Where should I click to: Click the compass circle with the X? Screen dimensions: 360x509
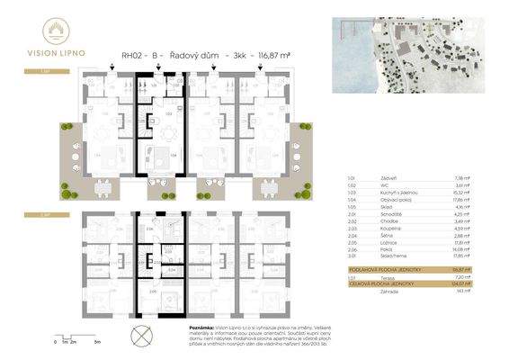point(142,336)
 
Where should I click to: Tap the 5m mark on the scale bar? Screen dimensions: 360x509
point(95,343)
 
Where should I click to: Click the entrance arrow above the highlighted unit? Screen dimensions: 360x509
point(159,78)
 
